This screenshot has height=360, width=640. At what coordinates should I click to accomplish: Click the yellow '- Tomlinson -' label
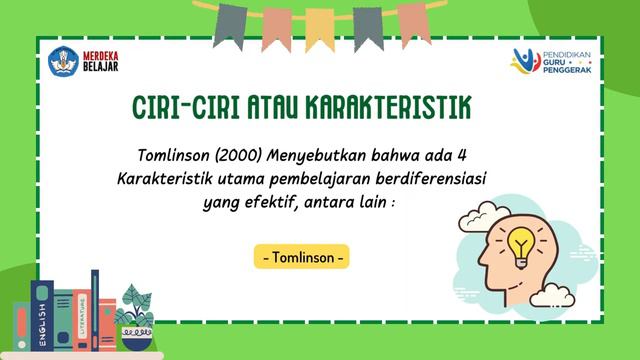point(301,257)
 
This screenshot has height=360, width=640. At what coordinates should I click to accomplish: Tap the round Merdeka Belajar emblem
point(62,62)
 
